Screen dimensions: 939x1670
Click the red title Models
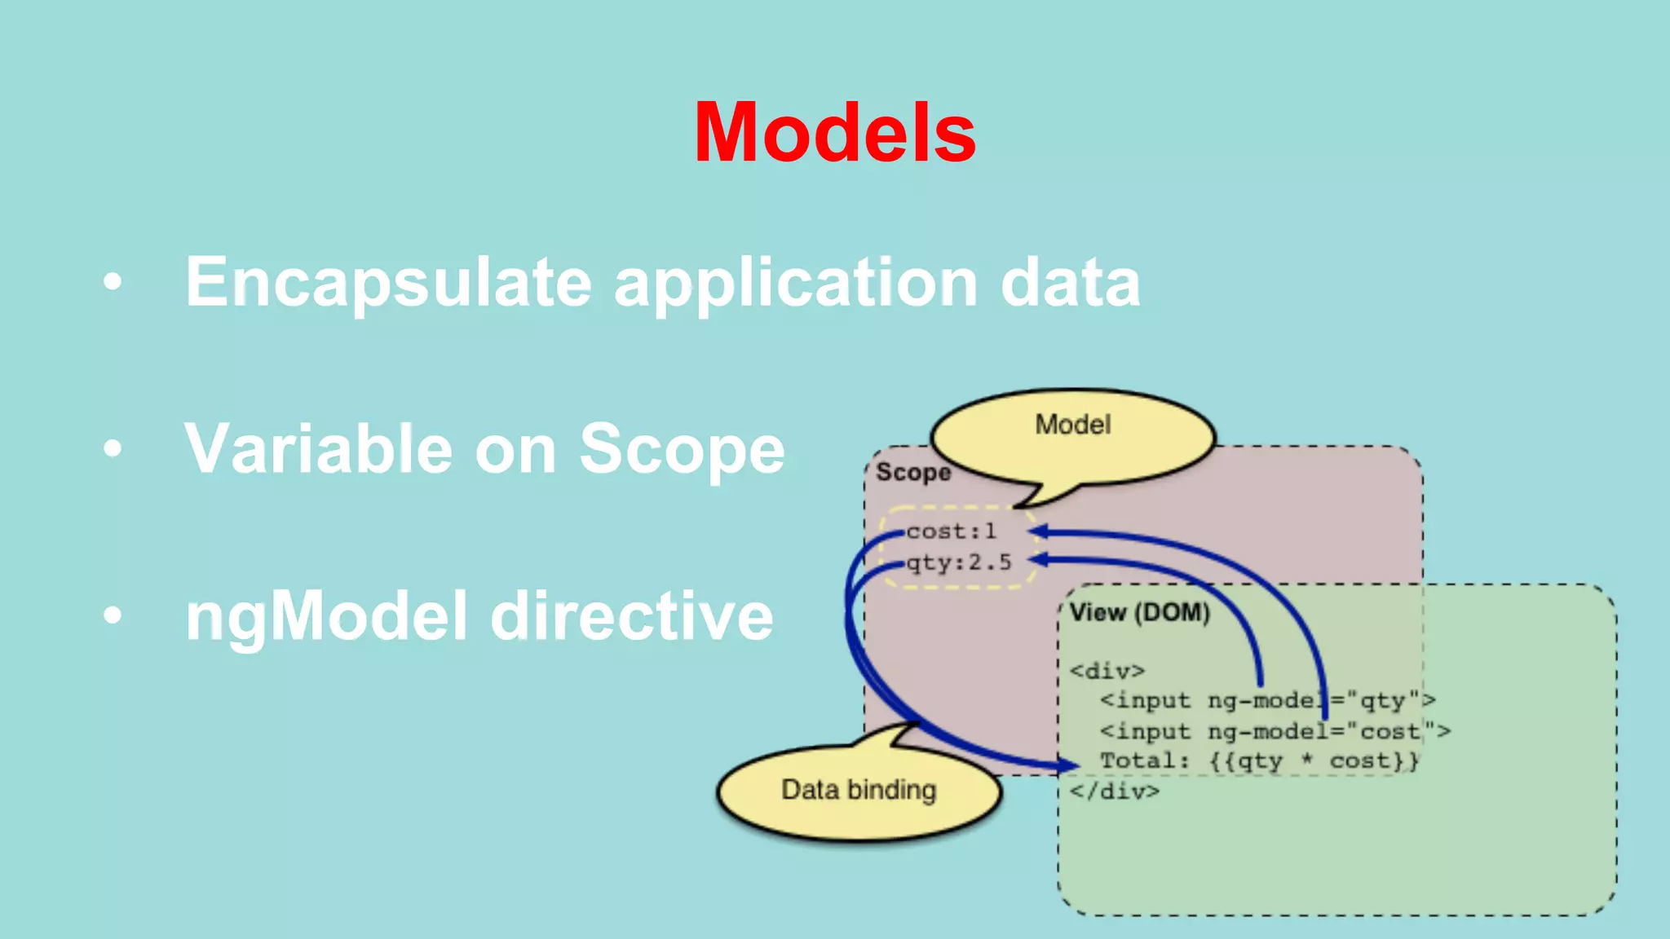coord(834,133)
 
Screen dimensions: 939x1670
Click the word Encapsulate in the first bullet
coord(388,282)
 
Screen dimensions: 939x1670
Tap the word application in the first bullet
coord(795,283)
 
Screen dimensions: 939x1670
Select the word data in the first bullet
coord(1070,282)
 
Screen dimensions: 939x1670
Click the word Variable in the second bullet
coord(318,449)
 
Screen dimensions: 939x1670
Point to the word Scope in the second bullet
coord(682,449)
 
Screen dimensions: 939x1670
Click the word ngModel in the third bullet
coord(326,617)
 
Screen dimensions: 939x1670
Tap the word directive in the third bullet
coord(631,616)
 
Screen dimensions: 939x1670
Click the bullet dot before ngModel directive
coord(113,616)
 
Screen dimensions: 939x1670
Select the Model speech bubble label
coord(1072,425)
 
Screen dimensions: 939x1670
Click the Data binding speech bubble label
coord(858,790)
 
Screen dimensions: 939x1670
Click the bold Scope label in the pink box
coord(912,473)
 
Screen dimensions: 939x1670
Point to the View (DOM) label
coord(1139,612)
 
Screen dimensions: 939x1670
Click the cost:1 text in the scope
coord(951,531)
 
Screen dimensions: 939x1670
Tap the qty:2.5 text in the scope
coord(959,562)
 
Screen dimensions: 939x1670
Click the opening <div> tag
coord(1107,671)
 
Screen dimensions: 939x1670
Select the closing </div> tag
coord(1114,791)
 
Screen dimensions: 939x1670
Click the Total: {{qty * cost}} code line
coord(1259,761)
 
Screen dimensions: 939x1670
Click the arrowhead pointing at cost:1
coord(1039,532)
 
